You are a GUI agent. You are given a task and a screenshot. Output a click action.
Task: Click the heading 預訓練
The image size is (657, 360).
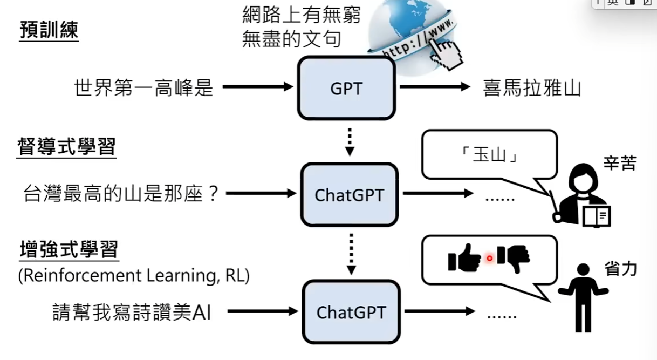[49, 30]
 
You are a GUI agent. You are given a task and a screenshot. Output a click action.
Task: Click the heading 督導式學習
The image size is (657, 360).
[67, 147]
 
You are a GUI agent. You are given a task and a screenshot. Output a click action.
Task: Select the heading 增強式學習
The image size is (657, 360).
[69, 251]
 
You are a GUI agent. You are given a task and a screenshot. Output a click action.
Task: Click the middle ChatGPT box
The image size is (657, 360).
[349, 194]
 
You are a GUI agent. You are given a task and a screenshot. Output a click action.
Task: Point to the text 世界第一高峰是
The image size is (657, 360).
[143, 87]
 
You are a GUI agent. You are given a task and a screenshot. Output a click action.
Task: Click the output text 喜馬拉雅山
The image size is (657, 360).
[531, 87]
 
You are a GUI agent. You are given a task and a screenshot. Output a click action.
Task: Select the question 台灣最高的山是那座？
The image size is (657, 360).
[121, 193]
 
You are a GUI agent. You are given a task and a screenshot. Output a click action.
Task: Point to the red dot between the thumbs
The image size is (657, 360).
[489, 259]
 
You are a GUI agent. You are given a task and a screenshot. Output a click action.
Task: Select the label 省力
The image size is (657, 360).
[620, 269]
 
